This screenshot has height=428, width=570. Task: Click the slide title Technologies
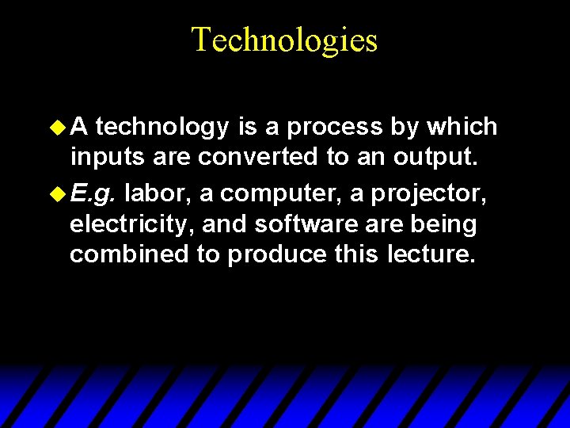285,40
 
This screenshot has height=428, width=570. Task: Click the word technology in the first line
163,127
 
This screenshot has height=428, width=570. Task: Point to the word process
334,127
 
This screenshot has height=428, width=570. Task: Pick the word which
461,127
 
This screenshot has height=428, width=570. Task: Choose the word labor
154,192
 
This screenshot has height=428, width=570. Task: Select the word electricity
131,225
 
